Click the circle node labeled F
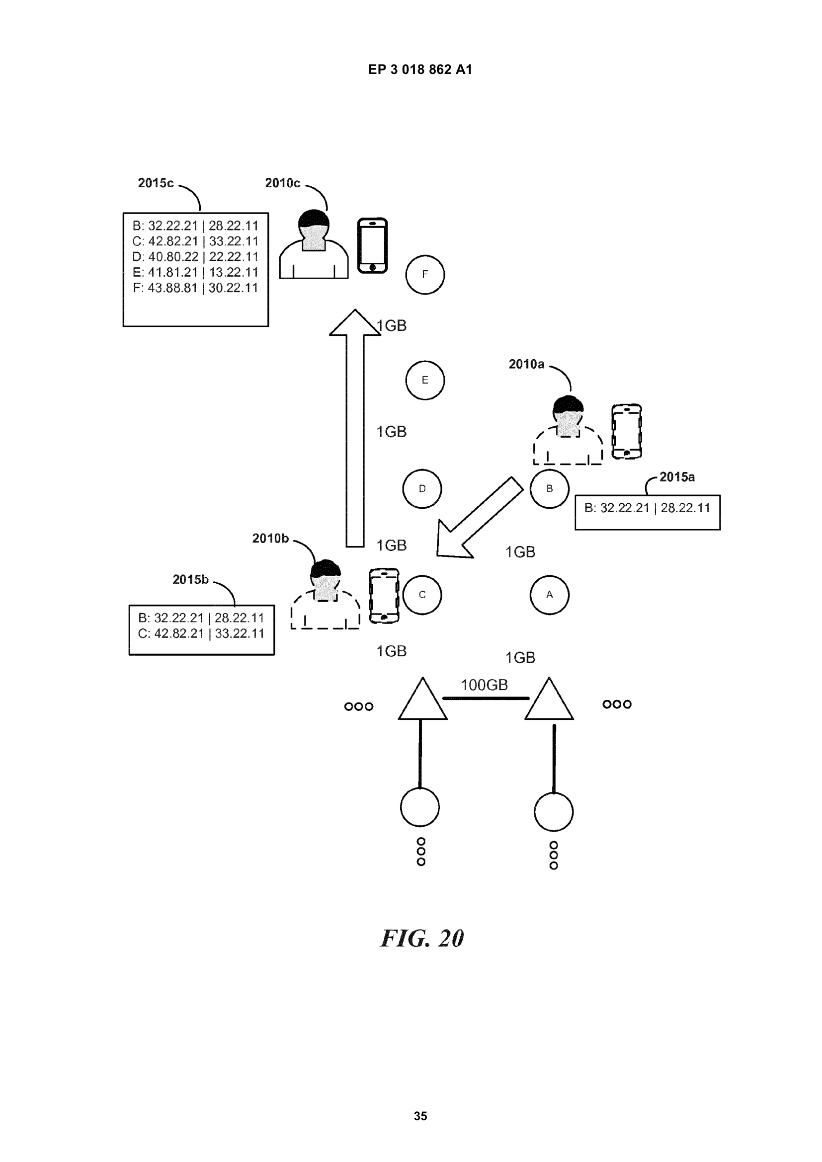click(x=424, y=274)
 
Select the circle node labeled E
click(x=424, y=380)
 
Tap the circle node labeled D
click(x=422, y=488)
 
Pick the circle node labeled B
click(x=549, y=488)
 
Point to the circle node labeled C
click(x=422, y=595)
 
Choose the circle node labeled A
click(x=549, y=595)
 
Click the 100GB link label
click(x=484, y=685)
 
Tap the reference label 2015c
click(x=156, y=183)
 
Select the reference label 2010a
click(x=526, y=364)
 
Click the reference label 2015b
click(x=190, y=579)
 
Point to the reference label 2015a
click(x=677, y=477)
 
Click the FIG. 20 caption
click(x=421, y=938)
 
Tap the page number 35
click(x=420, y=1116)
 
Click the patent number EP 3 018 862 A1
click(x=420, y=70)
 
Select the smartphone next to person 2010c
click(x=372, y=245)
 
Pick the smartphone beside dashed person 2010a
click(x=627, y=431)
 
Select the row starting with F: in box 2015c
click(x=195, y=288)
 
